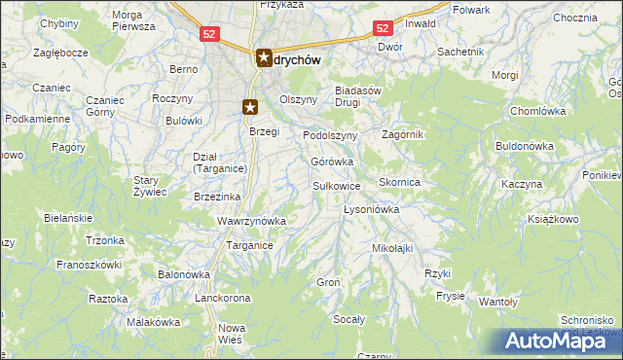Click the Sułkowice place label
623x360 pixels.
(337, 185)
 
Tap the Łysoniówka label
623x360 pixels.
(372, 209)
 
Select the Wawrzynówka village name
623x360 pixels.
(251, 221)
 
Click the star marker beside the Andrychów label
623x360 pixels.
(264, 58)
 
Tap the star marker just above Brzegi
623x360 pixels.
(250, 108)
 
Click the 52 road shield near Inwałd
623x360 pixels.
(383, 29)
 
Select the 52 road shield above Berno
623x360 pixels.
(210, 33)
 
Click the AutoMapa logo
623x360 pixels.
(558, 341)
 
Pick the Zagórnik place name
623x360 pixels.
(402, 134)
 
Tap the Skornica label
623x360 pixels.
(399, 182)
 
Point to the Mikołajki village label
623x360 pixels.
(393, 248)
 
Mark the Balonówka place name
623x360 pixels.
(185, 274)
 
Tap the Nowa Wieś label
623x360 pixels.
(231, 334)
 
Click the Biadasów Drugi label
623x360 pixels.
(362, 95)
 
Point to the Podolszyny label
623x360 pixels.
(331, 135)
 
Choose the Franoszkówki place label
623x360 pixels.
(89, 264)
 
